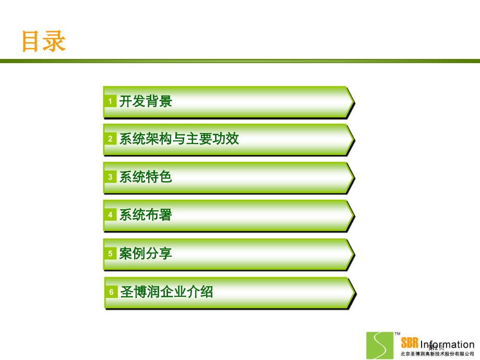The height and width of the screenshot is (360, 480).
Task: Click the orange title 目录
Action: (x=44, y=41)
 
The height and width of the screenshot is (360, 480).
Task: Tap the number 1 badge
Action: (x=110, y=101)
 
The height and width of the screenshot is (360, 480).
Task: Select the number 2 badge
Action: (x=110, y=139)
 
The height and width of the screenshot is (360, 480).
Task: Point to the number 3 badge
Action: (x=110, y=177)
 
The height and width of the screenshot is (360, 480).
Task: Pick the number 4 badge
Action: (x=110, y=215)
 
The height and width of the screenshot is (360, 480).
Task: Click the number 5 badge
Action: (x=110, y=254)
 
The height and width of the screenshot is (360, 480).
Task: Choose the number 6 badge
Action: (x=111, y=292)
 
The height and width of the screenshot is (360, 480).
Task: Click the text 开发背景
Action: (x=146, y=101)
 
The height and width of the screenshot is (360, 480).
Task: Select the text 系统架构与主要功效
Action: (x=179, y=139)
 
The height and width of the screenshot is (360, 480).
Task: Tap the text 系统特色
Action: (x=146, y=177)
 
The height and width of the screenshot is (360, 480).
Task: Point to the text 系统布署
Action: (x=146, y=215)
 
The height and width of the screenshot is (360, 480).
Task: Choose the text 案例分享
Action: (x=146, y=254)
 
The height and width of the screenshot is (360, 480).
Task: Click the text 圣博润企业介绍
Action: (x=167, y=292)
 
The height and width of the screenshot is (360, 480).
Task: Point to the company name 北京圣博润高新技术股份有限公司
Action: (x=437, y=354)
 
